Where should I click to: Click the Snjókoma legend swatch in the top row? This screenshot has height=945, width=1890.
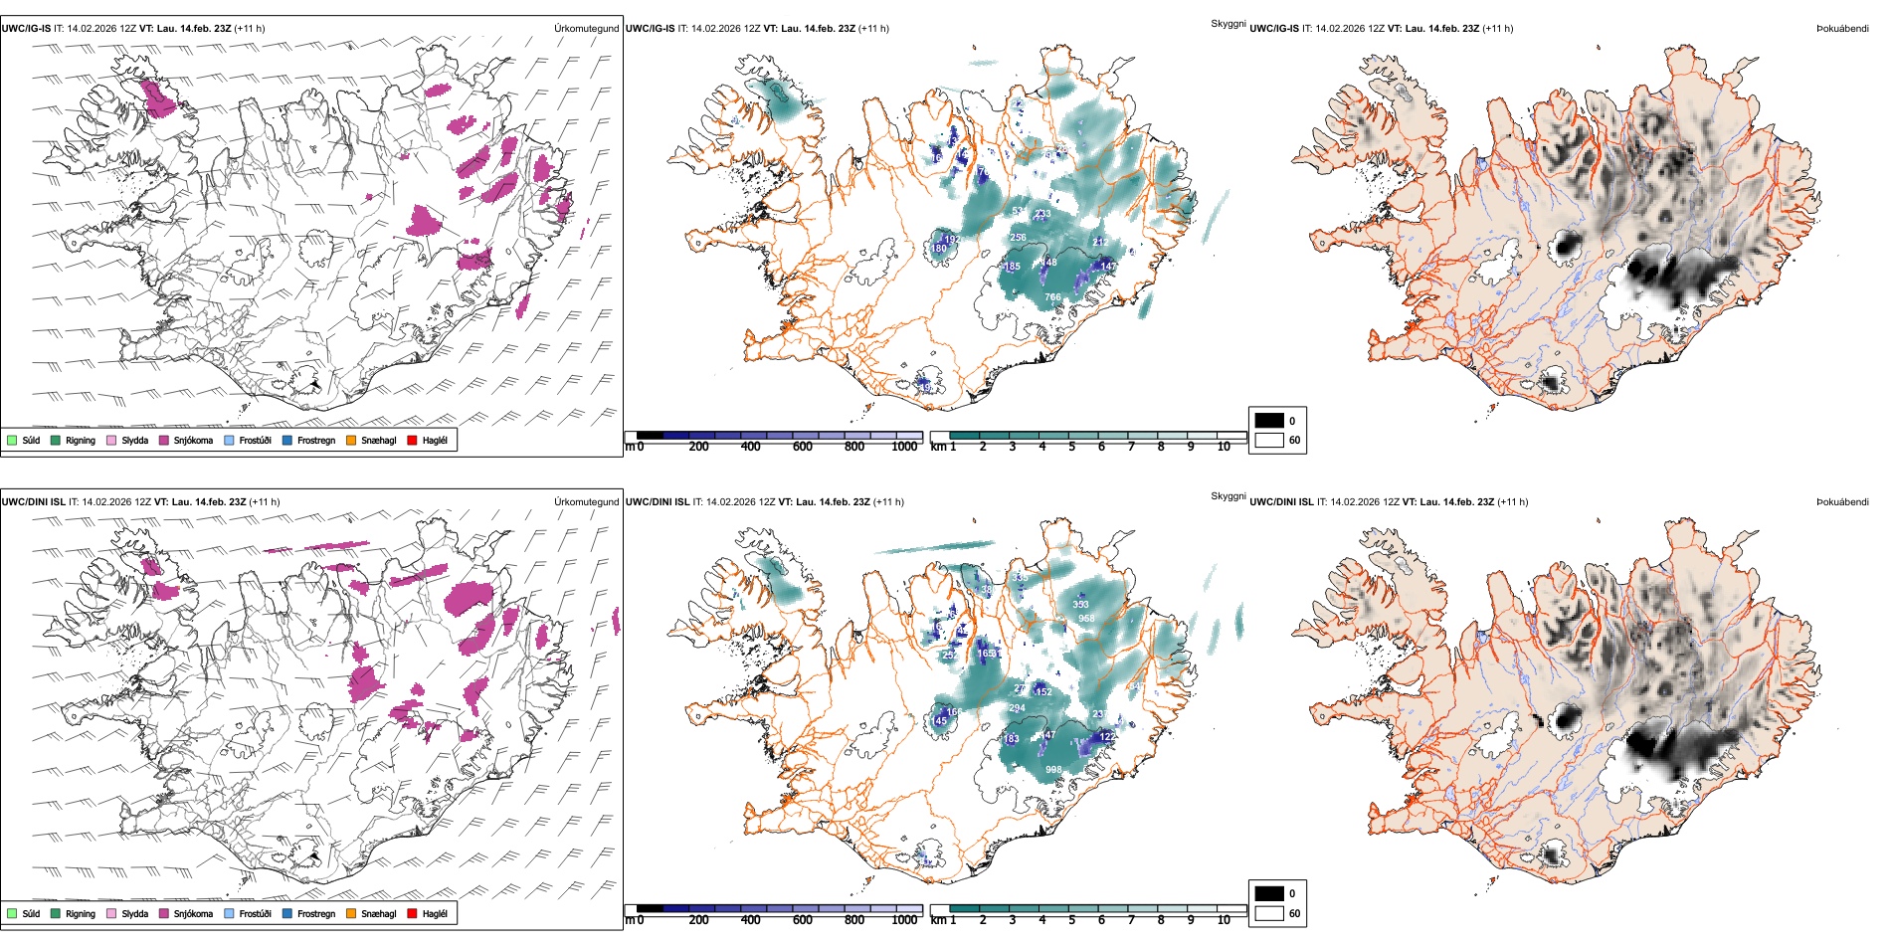tap(164, 440)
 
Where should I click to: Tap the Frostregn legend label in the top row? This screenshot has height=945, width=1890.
tap(316, 440)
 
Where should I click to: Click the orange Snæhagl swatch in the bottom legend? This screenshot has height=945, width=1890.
tap(351, 913)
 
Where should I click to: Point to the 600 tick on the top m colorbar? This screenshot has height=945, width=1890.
tap(803, 447)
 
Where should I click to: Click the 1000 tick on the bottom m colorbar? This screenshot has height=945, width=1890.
tap(904, 920)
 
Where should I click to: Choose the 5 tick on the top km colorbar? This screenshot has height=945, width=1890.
tap(1072, 447)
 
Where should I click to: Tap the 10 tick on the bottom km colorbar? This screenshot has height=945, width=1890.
tap(1224, 920)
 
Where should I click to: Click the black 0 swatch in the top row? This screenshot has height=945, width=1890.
tap(1269, 421)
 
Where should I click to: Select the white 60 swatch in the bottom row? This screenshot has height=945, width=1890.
tap(1269, 913)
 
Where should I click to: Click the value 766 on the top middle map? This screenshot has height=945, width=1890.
tap(1052, 297)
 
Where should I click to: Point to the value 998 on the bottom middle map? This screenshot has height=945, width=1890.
tap(1053, 770)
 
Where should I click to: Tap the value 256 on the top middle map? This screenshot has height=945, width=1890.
tap(1018, 238)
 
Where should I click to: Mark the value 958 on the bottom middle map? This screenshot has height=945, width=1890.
tap(1086, 619)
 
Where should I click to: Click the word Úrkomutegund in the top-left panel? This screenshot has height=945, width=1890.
tap(586, 29)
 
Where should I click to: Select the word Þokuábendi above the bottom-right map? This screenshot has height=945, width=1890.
tap(1842, 501)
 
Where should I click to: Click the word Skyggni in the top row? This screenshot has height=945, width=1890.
tap(1228, 23)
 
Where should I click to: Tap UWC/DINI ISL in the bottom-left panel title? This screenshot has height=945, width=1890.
tap(33, 501)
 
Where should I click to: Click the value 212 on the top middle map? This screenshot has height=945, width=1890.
tap(1100, 242)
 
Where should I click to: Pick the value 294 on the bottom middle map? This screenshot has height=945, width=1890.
tap(1017, 708)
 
